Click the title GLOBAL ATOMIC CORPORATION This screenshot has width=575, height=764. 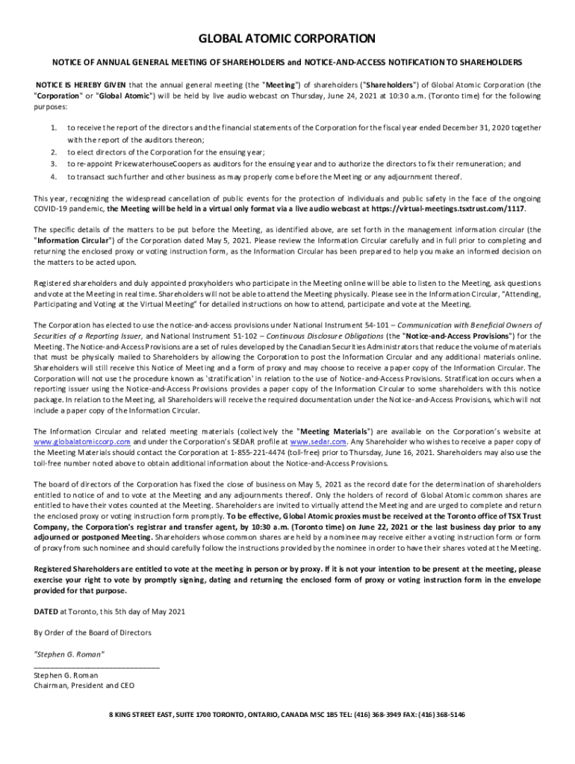[287, 38]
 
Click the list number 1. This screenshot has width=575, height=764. [53, 128]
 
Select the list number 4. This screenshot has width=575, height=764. [53, 177]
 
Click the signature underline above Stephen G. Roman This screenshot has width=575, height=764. [96, 665]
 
